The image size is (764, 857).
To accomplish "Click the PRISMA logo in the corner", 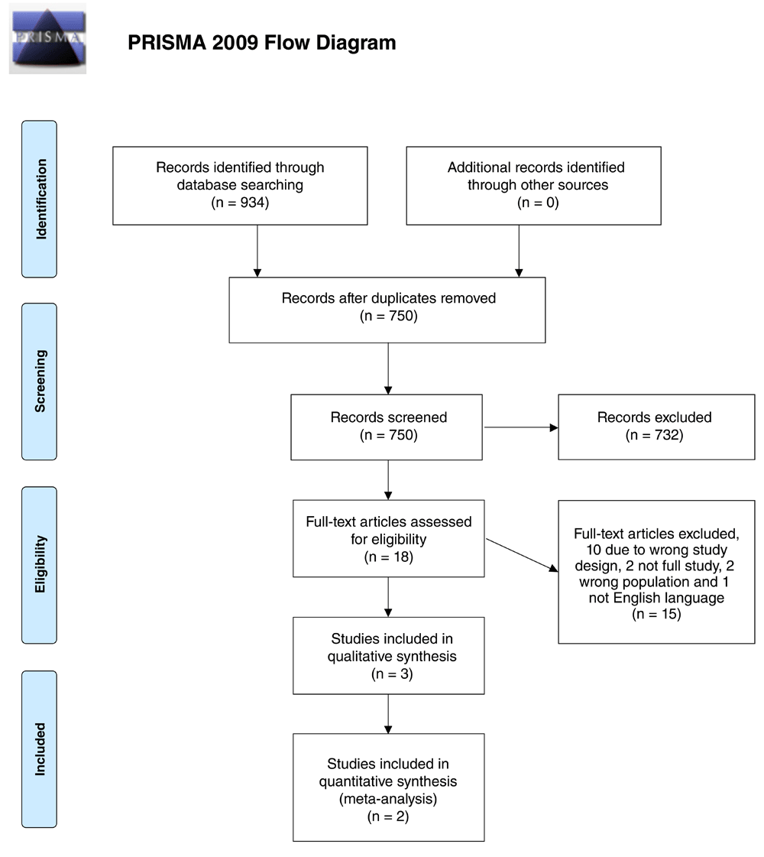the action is click(x=48, y=38).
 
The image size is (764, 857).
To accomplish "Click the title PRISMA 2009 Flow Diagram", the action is click(x=261, y=43).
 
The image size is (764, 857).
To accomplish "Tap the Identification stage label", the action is click(x=39, y=199).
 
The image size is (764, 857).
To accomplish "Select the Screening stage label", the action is click(x=39, y=381).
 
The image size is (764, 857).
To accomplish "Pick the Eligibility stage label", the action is click(x=39, y=565).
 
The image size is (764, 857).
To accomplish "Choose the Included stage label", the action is click(x=39, y=749).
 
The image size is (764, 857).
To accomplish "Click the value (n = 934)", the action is click(x=241, y=203).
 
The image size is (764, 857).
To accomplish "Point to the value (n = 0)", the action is click(x=538, y=203).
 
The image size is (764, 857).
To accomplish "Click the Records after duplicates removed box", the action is click(x=387, y=310).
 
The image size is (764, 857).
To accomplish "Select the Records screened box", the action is click(x=387, y=427).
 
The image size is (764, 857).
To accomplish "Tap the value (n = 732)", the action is click(x=654, y=435).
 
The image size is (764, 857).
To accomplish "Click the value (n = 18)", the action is click(x=389, y=557).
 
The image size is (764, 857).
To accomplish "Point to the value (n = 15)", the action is click(x=656, y=615).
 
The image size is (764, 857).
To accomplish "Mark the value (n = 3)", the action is click(x=392, y=674).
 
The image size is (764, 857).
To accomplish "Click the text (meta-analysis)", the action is click(x=388, y=799).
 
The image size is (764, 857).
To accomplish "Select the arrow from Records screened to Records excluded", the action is click(x=521, y=427).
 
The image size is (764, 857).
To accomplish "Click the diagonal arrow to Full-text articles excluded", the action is click(x=522, y=555).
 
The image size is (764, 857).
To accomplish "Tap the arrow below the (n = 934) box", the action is click(x=257, y=251).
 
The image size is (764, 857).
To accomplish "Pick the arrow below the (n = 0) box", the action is click(x=519, y=251).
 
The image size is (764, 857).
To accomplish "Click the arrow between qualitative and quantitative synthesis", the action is click(x=388, y=714).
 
